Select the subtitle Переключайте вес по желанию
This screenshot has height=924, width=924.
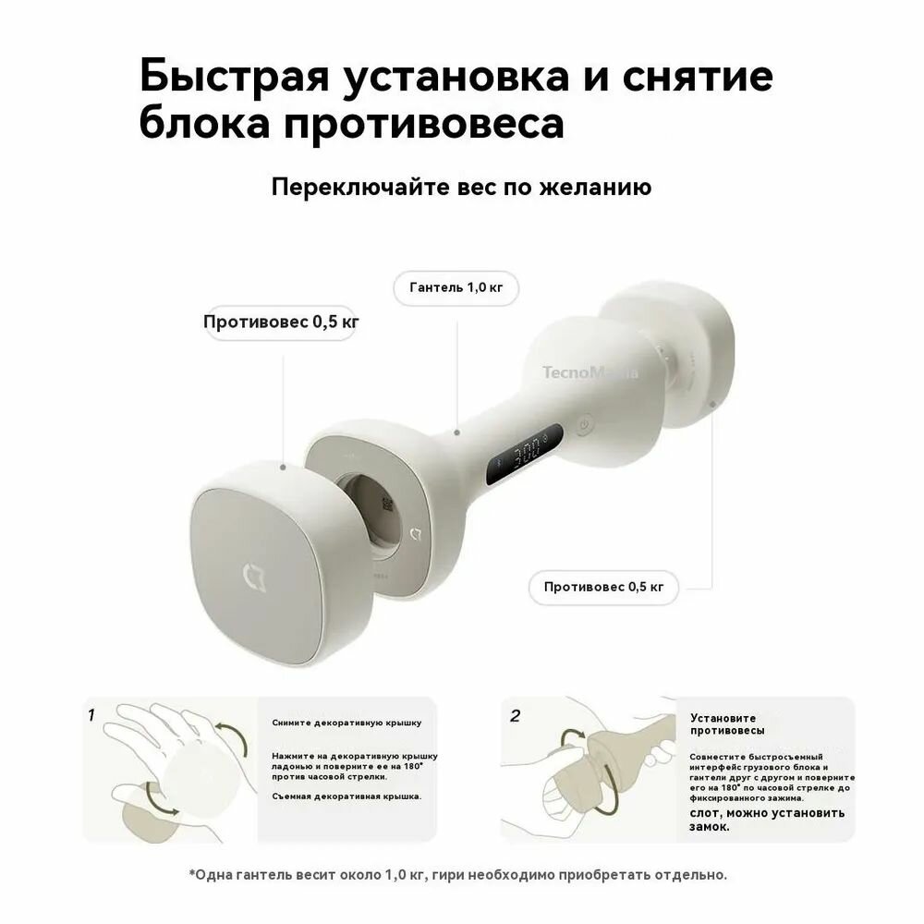pos(461,187)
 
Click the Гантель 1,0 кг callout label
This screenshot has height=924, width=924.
pos(456,288)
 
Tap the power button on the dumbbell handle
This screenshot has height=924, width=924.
pos(583,426)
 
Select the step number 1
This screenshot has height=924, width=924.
pos(91,714)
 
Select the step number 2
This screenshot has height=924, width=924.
pos(516,715)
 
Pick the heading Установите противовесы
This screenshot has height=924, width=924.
pos(723,723)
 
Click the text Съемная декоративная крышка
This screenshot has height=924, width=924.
pos(346,796)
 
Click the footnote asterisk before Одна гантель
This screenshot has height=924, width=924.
pos(192,872)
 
